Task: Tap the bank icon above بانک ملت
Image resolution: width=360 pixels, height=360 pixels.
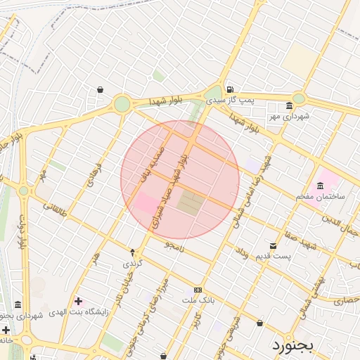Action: (x=198, y=290)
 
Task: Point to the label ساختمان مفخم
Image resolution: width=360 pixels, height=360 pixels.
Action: (x=321, y=197)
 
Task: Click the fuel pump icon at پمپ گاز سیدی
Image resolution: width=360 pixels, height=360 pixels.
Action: (x=230, y=89)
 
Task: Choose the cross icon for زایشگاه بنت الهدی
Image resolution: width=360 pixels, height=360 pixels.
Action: (x=79, y=301)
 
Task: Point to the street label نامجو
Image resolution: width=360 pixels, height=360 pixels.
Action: (x=174, y=247)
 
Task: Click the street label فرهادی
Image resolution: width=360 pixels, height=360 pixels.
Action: (x=93, y=173)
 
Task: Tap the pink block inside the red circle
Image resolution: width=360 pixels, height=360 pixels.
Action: (x=147, y=204)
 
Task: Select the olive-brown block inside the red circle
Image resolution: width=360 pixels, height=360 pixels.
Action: (x=189, y=203)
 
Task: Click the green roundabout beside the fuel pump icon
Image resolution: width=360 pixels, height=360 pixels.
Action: (x=212, y=94)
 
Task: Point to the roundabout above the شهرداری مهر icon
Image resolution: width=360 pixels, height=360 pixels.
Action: (x=299, y=99)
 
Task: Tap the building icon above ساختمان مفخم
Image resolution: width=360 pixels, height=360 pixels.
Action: (x=321, y=186)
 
